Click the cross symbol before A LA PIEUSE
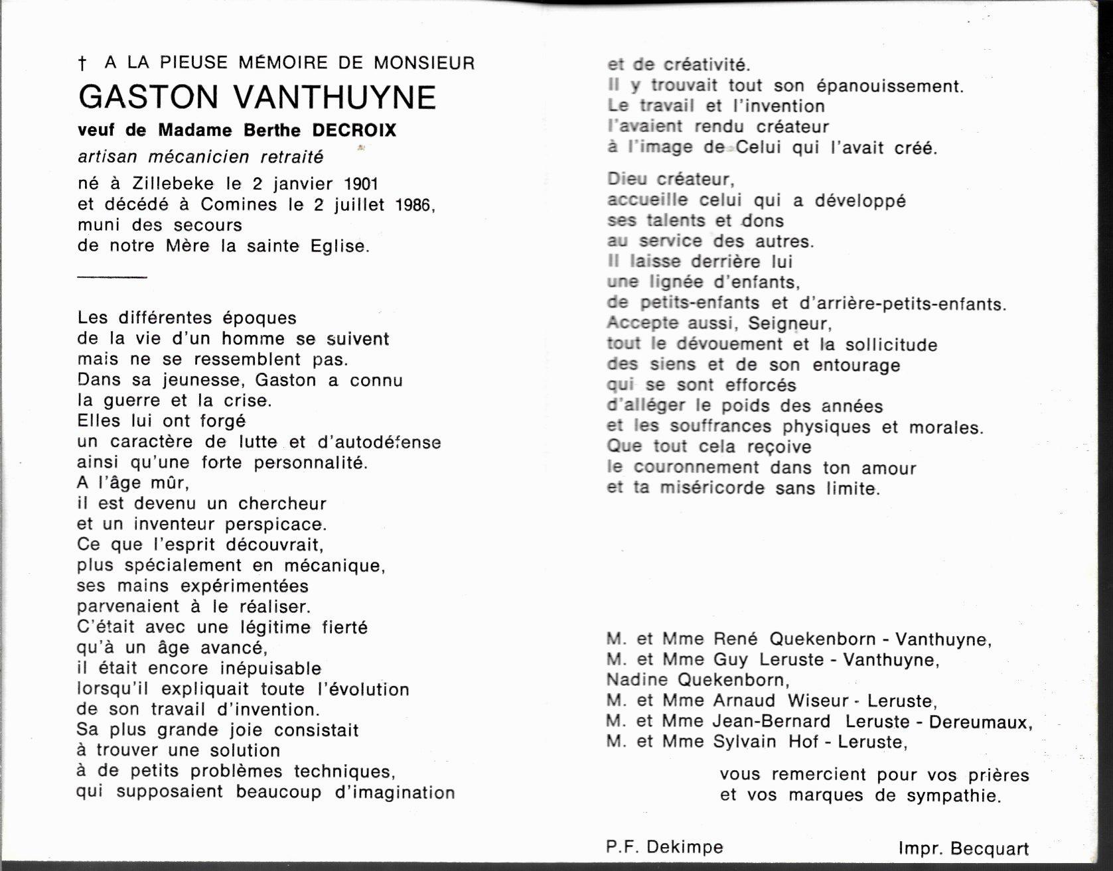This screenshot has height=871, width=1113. coord(83,64)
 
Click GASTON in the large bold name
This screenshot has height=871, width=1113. coord(148,98)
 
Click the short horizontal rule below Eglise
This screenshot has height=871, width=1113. coord(111,277)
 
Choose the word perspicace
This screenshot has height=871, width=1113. coord(275,525)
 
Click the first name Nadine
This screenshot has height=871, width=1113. coord(636,680)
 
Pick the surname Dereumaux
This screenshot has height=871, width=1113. coord(980,722)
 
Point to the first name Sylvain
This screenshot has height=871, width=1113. coord(744,742)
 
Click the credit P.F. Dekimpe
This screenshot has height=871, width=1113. coord(664,847)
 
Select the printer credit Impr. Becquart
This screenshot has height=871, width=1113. coord(964,848)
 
